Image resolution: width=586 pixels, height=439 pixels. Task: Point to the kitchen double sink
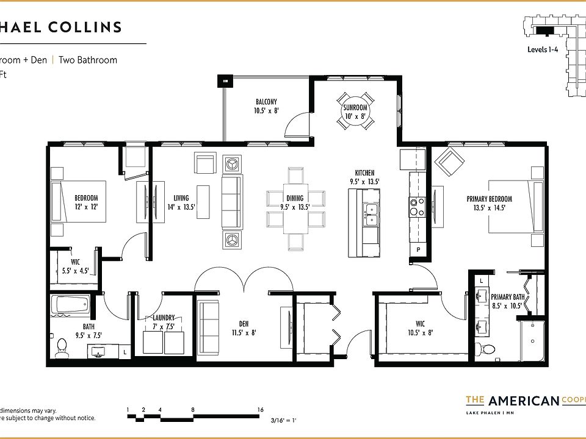click(x=370, y=211)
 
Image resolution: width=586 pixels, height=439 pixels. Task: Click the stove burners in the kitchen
click(x=417, y=207)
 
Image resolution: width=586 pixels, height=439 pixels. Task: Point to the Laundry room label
click(x=164, y=318)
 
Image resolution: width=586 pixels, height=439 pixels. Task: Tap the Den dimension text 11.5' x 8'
click(x=244, y=333)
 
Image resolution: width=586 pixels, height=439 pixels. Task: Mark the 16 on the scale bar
click(x=261, y=410)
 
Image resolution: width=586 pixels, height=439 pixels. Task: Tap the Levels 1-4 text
click(x=543, y=50)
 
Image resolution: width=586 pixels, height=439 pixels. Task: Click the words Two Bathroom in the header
click(x=88, y=60)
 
